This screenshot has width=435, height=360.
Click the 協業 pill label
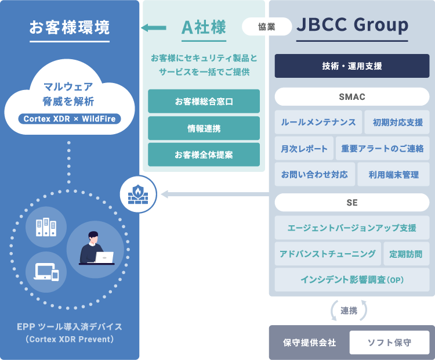coord(267,26)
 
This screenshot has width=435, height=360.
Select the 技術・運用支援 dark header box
coord(351,66)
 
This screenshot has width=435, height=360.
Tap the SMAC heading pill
coord(351,96)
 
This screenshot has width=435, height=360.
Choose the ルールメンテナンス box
coord(318,123)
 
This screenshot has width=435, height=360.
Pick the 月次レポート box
coord(304,149)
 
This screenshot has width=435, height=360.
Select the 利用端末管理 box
coord(393,174)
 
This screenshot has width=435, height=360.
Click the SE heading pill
coord(351,203)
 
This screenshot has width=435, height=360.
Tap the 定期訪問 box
coord(406,254)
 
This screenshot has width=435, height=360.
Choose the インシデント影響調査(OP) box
coord(351,280)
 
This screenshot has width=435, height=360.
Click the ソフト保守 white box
coord(389,343)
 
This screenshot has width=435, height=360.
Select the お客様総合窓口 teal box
coord(204,102)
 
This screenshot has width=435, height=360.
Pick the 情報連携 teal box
coord(204,128)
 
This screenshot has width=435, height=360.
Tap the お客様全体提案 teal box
coord(204,154)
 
